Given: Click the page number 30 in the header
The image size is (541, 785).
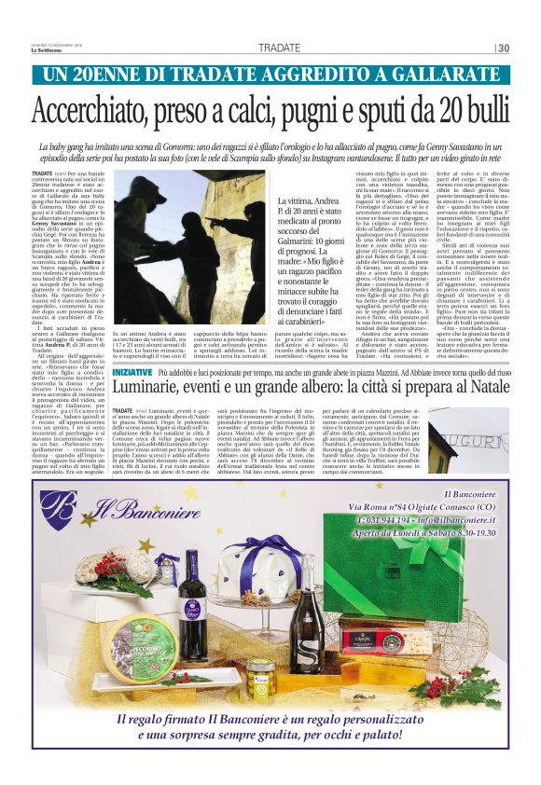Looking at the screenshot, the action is point(504,48).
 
